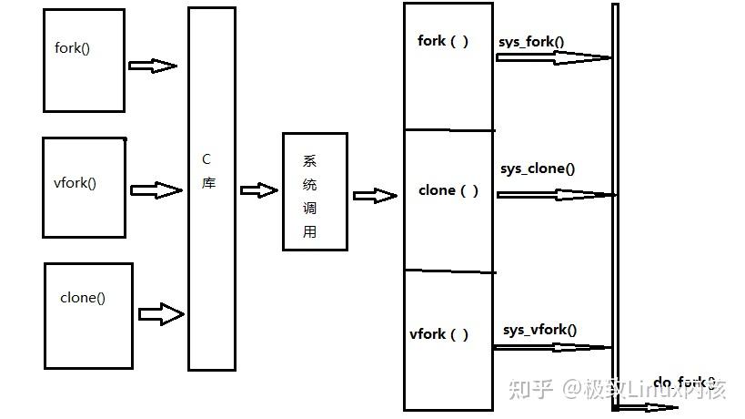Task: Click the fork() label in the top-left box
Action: pyautogui.click(x=73, y=48)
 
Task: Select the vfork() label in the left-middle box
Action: pyautogui.click(x=75, y=182)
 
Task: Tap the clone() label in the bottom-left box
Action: pyautogui.click(x=83, y=297)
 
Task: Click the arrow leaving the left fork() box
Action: pyautogui.click(x=152, y=66)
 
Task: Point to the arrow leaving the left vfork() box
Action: pyautogui.click(x=156, y=190)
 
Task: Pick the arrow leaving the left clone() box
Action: pyautogui.click(x=161, y=313)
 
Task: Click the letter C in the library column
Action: pyautogui.click(x=206, y=158)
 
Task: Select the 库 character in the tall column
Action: pyautogui.click(x=208, y=182)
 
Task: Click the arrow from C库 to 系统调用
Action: pyautogui.click(x=258, y=190)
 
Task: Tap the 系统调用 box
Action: pyautogui.click(x=314, y=191)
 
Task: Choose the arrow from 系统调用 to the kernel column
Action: pyautogui.click(x=375, y=195)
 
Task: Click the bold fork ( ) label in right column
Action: pyautogui.click(x=443, y=41)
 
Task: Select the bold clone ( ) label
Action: pyautogui.click(x=448, y=190)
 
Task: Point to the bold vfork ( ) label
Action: pyautogui.click(x=439, y=333)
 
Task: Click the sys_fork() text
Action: pyautogui.click(x=531, y=42)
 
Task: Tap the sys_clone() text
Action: pyautogui.click(x=538, y=169)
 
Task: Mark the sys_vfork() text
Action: pyautogui.click(x=539, y=330)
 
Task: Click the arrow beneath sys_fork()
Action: pyautogui.click(x=552, y=57)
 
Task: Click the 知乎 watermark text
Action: pyautogui.click(x=529, y=390)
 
